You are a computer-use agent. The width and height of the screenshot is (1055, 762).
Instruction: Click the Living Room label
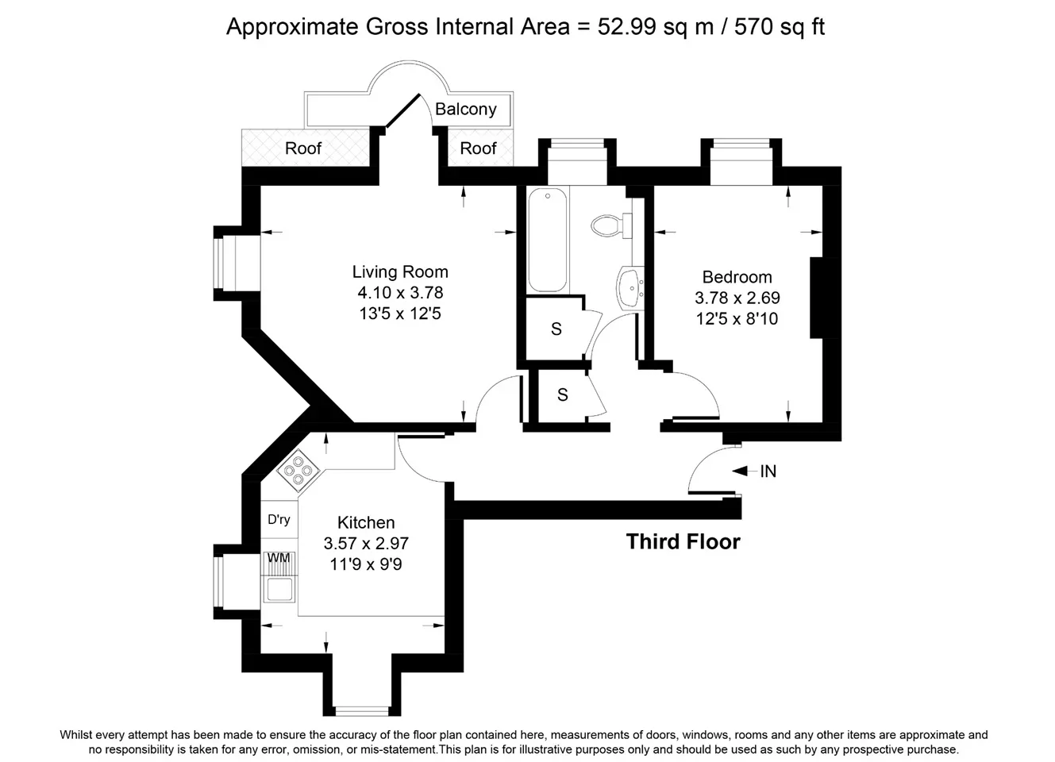pos(400,271)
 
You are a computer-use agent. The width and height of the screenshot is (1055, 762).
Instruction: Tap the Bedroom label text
pos(737,277)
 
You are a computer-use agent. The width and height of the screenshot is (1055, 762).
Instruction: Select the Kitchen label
pos(366,522)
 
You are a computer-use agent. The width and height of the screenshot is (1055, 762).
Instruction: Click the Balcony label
pos(466,109)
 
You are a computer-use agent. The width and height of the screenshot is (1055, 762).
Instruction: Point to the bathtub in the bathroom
pos(547,241)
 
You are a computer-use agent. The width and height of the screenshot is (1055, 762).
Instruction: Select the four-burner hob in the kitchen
pos(298,470)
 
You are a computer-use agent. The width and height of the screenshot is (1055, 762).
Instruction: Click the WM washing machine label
pos(279,557)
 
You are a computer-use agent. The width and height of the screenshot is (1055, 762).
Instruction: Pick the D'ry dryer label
pos(279,519)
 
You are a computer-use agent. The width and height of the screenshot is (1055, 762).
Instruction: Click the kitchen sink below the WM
pos(279,588)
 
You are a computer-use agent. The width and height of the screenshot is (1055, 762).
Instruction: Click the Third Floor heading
pos(683,541)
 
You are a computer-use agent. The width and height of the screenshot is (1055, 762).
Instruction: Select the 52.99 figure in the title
pos(626,26)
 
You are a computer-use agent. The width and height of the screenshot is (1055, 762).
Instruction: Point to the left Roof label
pos(302,148)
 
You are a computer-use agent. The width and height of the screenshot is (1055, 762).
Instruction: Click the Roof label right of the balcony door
pos(478,148)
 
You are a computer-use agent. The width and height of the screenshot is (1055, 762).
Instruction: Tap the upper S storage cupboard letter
pos(556,329)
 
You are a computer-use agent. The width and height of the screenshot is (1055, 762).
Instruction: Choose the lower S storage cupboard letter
pos(562,394)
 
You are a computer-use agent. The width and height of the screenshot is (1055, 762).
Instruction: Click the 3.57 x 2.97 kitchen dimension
pos(366,543)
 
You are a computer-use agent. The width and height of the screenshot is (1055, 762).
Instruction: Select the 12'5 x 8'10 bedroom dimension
pos(737,319)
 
